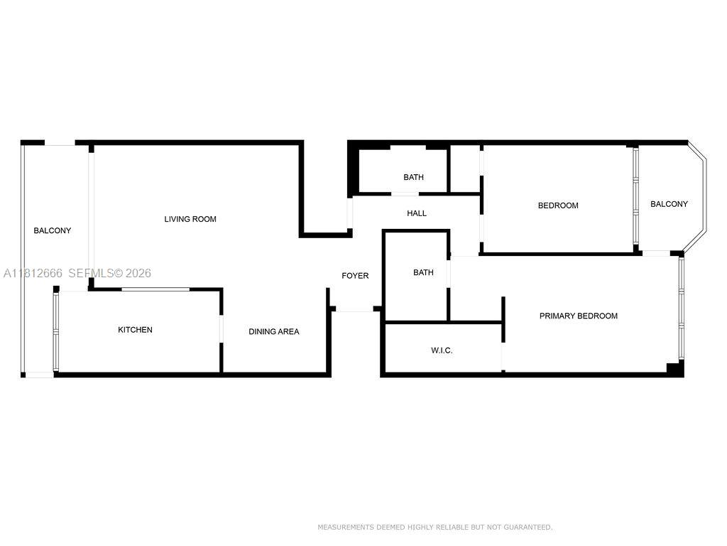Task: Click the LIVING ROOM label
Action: pyautogui.click(x=190, y=219)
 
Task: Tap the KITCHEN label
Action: pyautogui.click(x=135, y=330)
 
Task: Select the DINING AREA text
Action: pyautogui.click(x=273, y=331)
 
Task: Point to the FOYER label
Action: pyautogui.click(x=355, y=276)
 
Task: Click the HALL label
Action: pyautogui.click(x=417, y=213)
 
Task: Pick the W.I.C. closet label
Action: pyautogui.click(x=442, y=350)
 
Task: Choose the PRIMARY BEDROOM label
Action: pyautogui.click(x=578, y=316)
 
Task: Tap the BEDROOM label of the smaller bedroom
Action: pyautogui.click(x=558, y=205)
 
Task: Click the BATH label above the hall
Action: pyautogui.click(x=413, y=177)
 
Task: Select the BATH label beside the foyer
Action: pyautogui.click(x=423, y=272)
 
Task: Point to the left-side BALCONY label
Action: pyautogui.click(x=53, y=230)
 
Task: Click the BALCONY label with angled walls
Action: pyautogui.click(x=669, y=204)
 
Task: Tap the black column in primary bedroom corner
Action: pyautogui.click(x=674, y=368)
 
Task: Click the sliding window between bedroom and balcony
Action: pyautogui.click(x=635, y=199)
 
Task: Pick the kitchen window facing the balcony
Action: pyautogui.click(x=56, y=331)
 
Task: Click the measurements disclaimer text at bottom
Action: pyautogui.click(x=434, y=527)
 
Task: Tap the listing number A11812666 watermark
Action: pyautogui.click(x=33, y=273)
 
